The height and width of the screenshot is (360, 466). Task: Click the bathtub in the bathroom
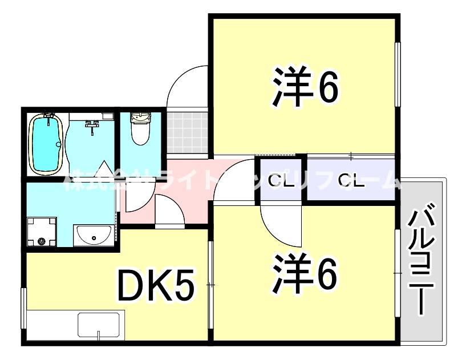45,143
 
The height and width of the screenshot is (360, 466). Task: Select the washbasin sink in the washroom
94,234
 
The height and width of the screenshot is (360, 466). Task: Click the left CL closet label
279,182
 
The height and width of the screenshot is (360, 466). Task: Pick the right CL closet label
351,182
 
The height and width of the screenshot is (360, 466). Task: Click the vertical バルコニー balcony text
424,260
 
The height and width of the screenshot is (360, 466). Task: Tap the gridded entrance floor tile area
187,132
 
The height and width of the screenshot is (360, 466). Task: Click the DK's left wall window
24,308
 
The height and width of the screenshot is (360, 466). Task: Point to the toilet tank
140,118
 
